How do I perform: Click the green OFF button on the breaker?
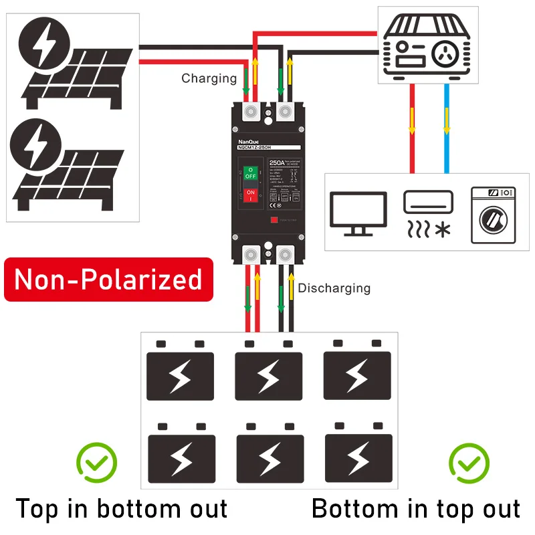pyautogui.click(x=250, y=174)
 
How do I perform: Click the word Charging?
pyautogui.click(x=209, y=78)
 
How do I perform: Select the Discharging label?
pyautogui.click(x=334, y=288)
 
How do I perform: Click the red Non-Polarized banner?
pyautogui.click(x=108, y=280)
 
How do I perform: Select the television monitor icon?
pyautogui.click(x=359, y=213)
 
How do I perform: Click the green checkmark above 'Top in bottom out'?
pyautogui.click(x=96, y=461)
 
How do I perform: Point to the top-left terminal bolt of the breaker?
pyautogui.click(x=253, y=111)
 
